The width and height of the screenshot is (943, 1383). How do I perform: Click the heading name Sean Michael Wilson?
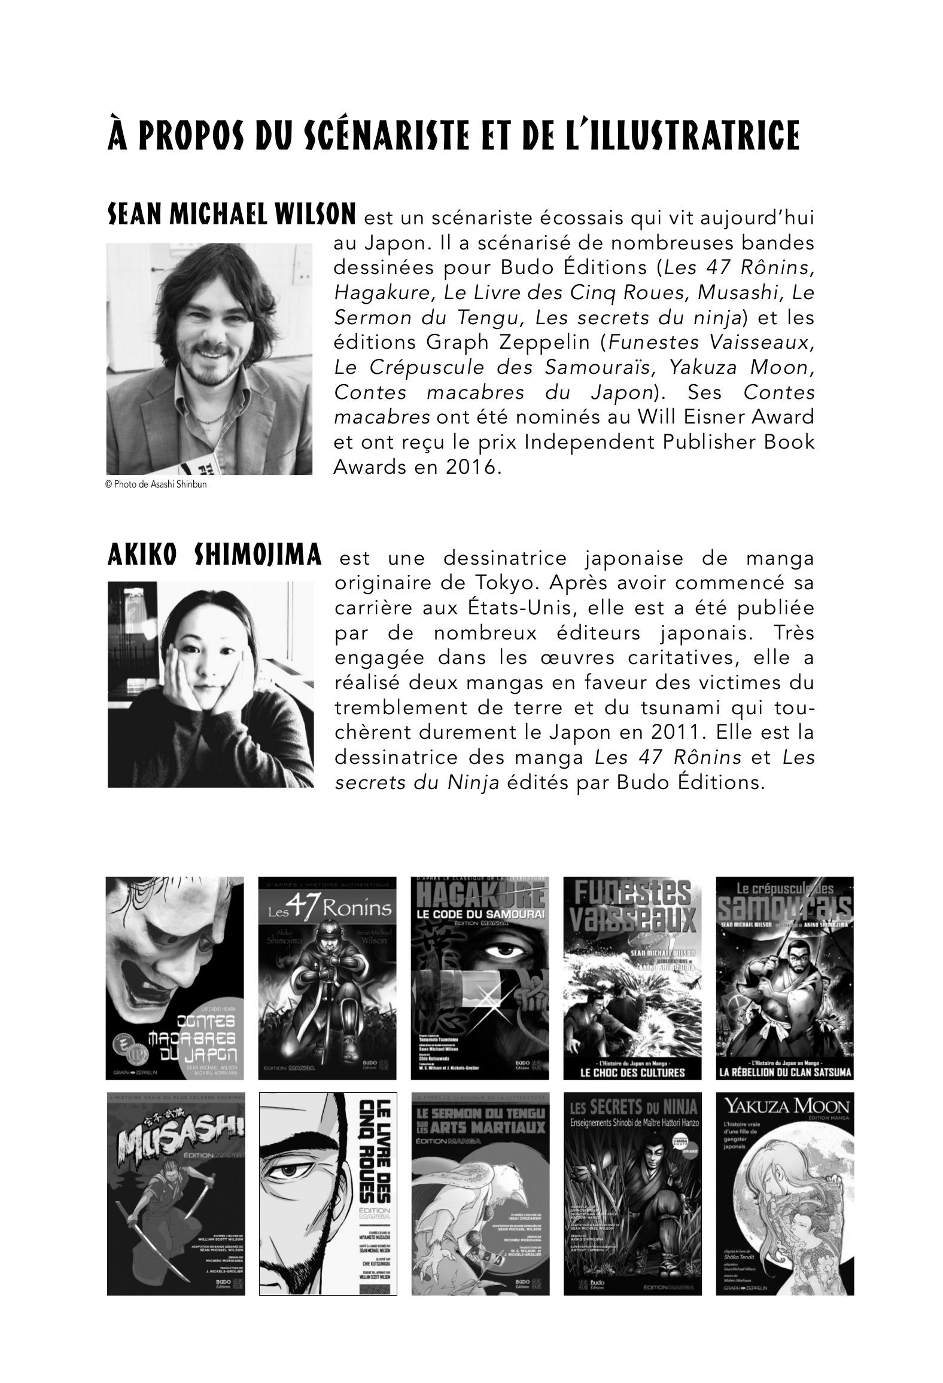pos(232,215)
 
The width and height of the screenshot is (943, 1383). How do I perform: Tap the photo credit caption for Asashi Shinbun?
pos(156,485)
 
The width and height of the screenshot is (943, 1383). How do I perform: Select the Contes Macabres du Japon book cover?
pos(175,977)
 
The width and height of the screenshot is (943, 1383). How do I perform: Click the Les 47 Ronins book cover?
pos(327,977)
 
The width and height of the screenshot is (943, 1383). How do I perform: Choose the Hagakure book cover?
pos(480,977)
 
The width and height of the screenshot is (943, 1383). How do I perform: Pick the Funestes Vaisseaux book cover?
pos(632,977)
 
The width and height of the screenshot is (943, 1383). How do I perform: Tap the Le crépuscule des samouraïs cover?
pos(784,977)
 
